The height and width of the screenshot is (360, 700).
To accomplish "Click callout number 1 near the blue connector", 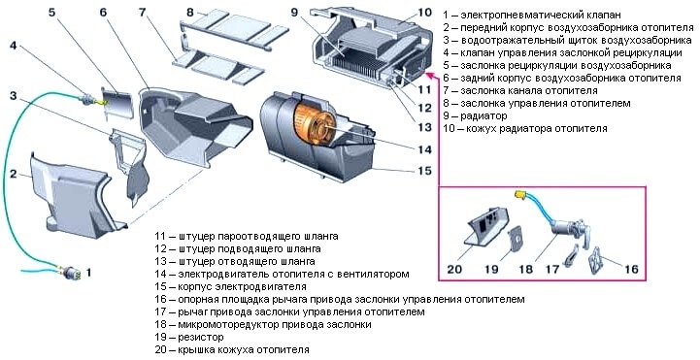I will (90, 273).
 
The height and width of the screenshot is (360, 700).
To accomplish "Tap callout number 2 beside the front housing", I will (13, 174).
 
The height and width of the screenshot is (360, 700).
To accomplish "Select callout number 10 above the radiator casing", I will (423, 12).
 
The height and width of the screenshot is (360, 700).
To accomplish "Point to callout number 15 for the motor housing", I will (423, 171).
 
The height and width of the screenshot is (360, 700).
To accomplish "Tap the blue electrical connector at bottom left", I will (69, 271).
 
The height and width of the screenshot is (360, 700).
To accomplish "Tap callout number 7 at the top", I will (143, 14).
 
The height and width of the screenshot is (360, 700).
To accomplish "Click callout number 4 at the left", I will (13, 46).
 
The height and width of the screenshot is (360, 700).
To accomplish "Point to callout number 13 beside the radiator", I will (423, 126).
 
